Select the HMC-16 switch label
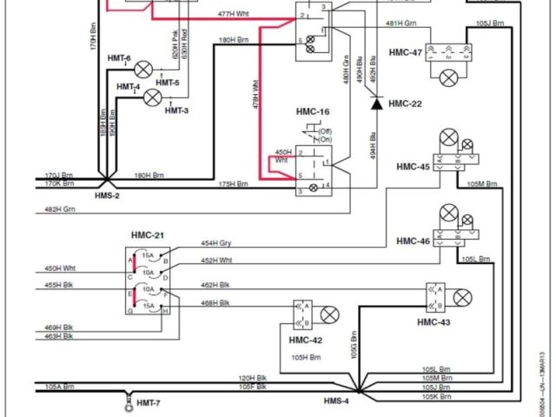(312, 113)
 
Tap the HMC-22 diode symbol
(376, 103)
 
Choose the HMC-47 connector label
(407, 53)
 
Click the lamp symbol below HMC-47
(448, 78)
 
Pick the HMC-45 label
(414, 166)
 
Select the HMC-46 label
(414, 241)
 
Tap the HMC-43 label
(434, 322)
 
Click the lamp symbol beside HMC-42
(329, 314)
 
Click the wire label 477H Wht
(234, 14)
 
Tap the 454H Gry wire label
(217, 243)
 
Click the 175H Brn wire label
(233, 183)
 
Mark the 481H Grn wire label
(402, 23)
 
